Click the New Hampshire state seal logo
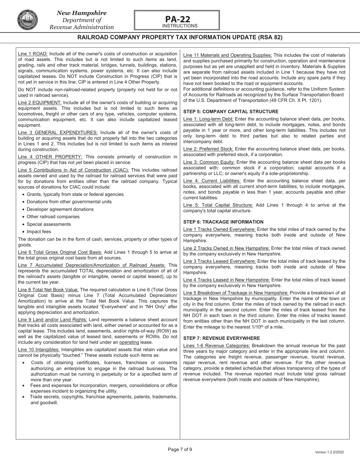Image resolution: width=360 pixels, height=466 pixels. click(27, 20)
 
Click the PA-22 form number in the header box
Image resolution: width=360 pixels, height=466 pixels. click(177, 19)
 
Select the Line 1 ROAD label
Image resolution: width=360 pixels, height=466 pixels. click(33, 54)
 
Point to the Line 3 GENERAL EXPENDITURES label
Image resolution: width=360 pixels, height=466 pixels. click(58, 133)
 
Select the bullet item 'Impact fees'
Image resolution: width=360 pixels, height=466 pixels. click(39, 232)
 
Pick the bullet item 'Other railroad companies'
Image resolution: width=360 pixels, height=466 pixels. click(53, 217)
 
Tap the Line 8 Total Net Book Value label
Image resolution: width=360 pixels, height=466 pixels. click(48, 290)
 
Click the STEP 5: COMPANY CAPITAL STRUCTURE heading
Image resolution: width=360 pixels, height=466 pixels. click(231, 112)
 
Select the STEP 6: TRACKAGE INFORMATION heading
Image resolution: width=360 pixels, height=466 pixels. click(223, 222)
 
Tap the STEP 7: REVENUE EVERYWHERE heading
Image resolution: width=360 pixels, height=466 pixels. click(222, 338)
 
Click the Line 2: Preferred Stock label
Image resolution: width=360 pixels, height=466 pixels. click(208, 149)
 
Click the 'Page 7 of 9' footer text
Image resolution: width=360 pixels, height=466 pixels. click(180, 450)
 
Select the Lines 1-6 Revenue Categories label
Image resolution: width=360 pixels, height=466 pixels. click(216, 346)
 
